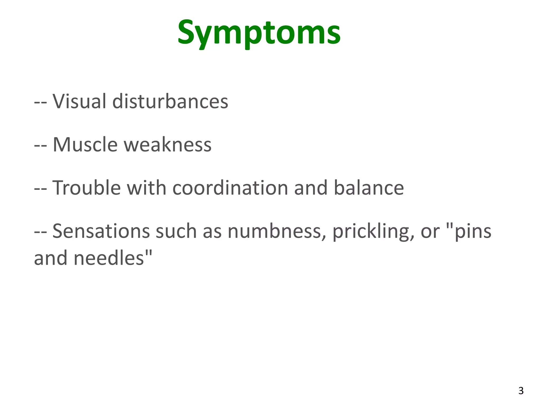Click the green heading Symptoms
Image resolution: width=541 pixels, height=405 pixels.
(x=259, y=33)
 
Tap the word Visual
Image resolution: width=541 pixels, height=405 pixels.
(x=79, y=101)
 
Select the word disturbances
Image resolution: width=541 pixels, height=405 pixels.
(x=170, y=101)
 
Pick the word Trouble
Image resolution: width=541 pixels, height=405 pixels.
(x=87, y=188)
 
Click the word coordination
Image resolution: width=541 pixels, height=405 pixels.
(x=230, y=188)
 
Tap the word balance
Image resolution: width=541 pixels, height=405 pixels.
(x=369, y=188)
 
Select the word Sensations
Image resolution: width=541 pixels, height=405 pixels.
(x=101, y=231)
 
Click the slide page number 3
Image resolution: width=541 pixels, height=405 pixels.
(x=521, y=390)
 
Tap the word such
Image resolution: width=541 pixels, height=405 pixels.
(x=176, y=231)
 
